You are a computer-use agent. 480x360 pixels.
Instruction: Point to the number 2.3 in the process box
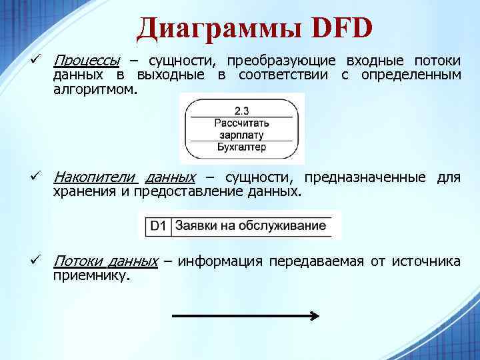241,110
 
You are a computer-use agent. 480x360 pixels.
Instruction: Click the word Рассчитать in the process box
241,123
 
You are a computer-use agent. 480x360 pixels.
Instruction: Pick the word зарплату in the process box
241,135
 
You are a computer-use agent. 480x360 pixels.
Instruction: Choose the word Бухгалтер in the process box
241,147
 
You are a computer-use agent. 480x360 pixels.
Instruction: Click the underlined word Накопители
93,177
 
